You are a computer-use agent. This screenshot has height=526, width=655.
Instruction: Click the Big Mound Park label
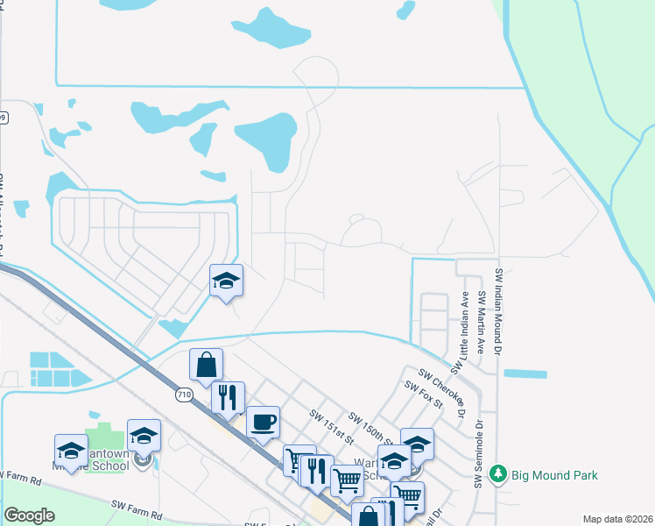(x=555, y=475)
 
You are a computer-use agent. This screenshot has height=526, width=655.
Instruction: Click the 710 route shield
(x=183, y=395)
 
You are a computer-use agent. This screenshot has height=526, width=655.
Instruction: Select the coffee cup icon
(x=263, y=422)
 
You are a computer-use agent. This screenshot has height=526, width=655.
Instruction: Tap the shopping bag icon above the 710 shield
(x=206, y=364)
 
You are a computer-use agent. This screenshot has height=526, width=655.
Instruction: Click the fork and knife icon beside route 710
(x=228, y=397)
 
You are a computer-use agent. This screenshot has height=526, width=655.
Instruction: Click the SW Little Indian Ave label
(x=464, y=329)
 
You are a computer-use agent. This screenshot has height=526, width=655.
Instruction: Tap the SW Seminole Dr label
(x=479, y=452)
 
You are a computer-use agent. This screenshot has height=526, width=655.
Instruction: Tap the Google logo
(x=30, y=515)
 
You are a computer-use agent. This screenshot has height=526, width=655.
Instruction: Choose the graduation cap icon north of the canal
(x=226, y=280)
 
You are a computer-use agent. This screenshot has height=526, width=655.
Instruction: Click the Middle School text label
(x=104, y=466)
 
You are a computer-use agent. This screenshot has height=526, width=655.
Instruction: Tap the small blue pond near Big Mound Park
(x=525, y=374)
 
